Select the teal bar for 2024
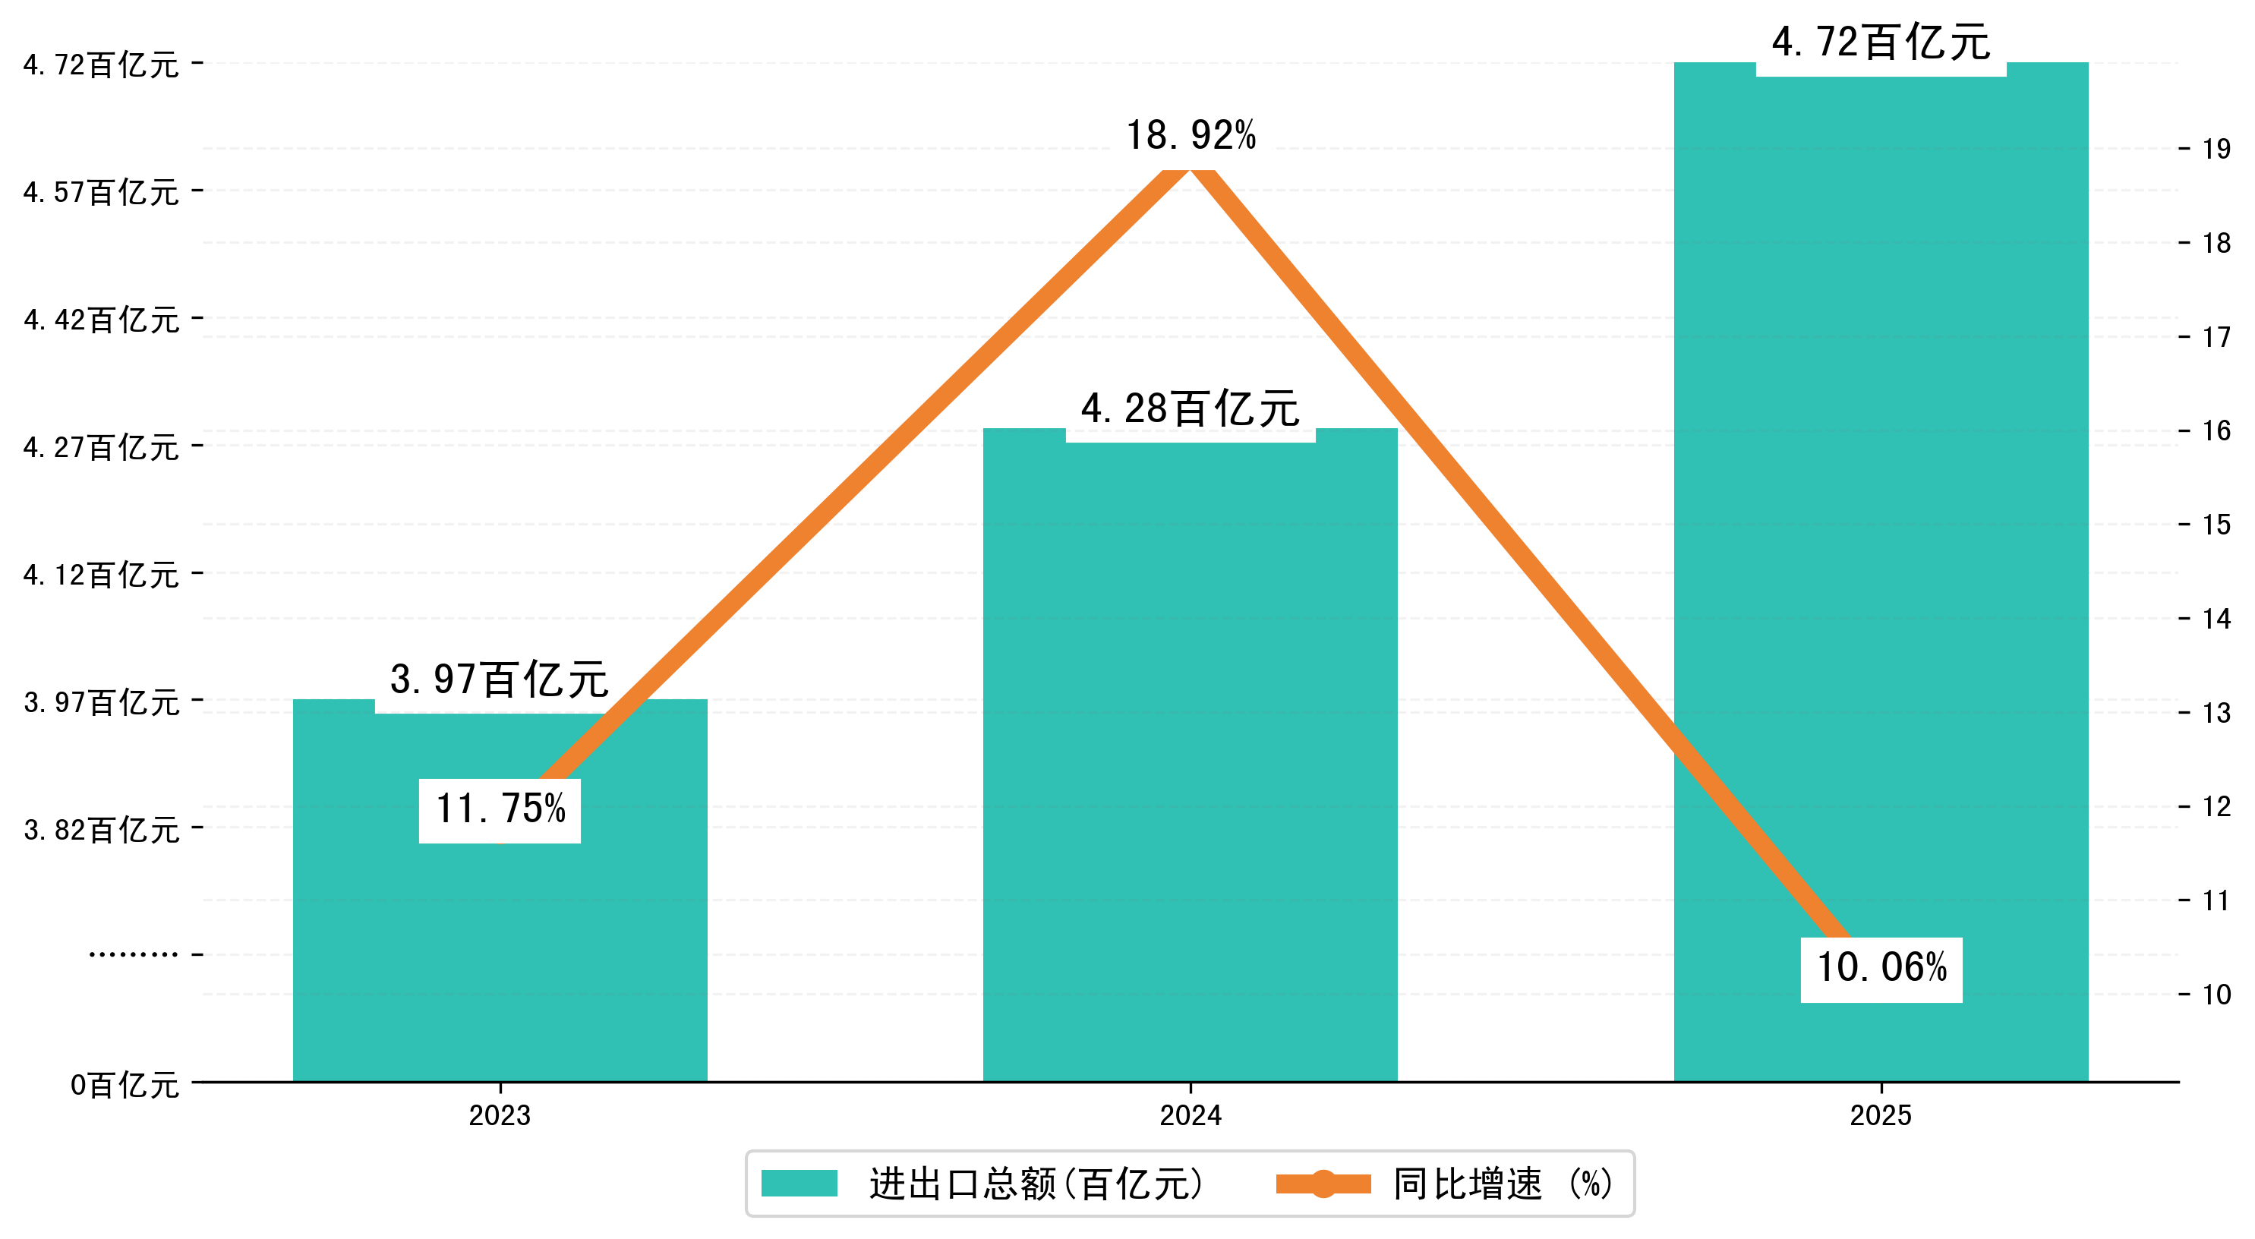tap(1190, 788)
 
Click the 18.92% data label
tap(1191, 136)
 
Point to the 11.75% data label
tap(500, 810)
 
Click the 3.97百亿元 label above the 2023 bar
tap(499, 680)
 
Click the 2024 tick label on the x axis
tap(1190, 1115)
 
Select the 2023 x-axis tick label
tap(499, 1115)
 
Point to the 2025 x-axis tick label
tap(1881, 1115)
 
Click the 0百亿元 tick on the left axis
tap(125, 1086)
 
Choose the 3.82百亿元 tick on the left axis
tap(101, 829)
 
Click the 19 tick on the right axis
tap(2216, 149)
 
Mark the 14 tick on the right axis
tap(2216, 619)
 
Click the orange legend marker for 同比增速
tap(1323, 1183)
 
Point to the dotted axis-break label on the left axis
tap(133, 954)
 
